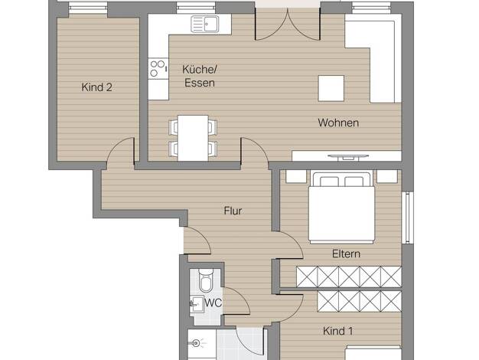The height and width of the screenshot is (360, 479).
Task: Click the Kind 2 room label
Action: [96, 87]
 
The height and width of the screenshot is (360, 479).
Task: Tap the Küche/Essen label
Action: [200, 76]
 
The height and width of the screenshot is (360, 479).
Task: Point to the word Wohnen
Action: [338, 123]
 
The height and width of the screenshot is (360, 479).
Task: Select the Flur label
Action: [233, 211]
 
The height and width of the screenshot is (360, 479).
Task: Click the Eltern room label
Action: [346, 254]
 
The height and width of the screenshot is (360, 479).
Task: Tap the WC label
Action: [213, 303]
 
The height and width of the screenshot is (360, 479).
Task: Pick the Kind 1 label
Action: [338, 331]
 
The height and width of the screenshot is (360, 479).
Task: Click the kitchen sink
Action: [205, 24]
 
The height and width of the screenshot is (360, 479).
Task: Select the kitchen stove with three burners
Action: [158, 68]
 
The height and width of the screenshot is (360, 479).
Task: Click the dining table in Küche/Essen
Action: [193, 138]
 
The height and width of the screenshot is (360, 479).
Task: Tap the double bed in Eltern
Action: [341, 208]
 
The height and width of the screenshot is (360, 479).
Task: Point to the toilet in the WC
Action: [205, 280]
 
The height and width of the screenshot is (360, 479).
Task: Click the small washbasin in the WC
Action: [197, 303]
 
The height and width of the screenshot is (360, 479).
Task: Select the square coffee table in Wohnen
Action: [331, 88]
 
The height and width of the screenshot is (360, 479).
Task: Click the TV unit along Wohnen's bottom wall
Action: [347, 155]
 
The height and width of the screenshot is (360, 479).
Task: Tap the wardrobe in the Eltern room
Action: [349, 277]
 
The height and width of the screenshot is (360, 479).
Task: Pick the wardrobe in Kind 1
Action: [360, 301]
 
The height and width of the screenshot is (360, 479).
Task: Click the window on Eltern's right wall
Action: [408, 218]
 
